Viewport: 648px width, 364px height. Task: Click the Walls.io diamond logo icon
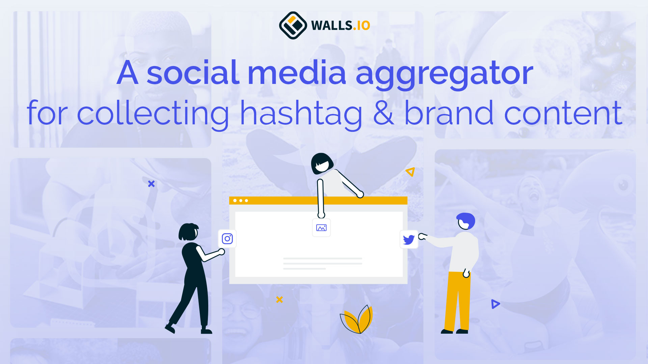coord(293,25)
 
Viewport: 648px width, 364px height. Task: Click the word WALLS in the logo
coord(332,26)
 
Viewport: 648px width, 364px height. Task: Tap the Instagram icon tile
coord(227,239)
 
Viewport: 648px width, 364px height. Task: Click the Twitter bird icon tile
coord(409,240)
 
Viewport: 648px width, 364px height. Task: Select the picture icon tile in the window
coord(321,228)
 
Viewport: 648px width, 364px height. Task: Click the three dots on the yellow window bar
coord(241,201)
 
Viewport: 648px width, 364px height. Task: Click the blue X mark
coord(151,184)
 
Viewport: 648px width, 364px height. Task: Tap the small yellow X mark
coord(279,299)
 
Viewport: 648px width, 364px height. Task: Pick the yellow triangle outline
coord(410,172)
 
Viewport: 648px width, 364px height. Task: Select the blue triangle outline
coord(495,304)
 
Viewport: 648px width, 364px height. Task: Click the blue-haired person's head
coord(466,221)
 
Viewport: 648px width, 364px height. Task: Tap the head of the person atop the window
coord(321,163)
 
